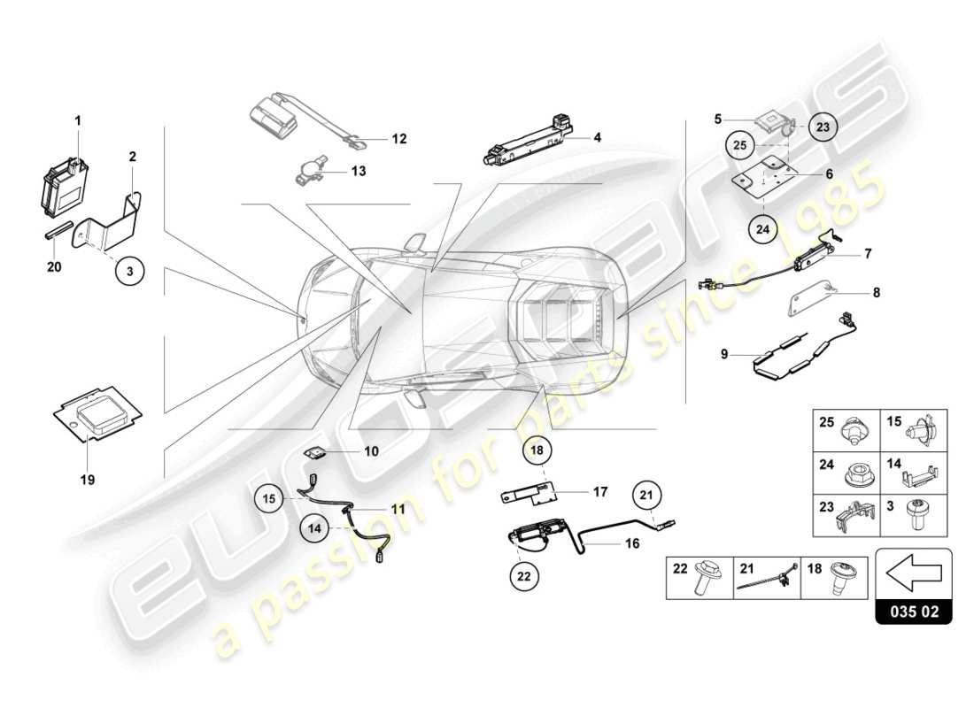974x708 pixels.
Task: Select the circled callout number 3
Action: (x=128, y=272)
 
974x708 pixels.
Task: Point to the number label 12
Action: (x=398, y=139)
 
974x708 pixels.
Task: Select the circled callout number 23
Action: (x=823, y=127)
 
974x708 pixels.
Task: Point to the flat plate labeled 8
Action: (x=810, y=297)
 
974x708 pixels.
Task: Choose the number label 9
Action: (x=724, y=354)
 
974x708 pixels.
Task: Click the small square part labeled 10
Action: (x=315, y=452)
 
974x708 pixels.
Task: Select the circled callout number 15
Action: (x=272, y=500)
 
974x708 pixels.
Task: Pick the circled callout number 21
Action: (x=645, y=496)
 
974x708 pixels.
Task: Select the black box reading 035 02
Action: (x=913, y=612)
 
